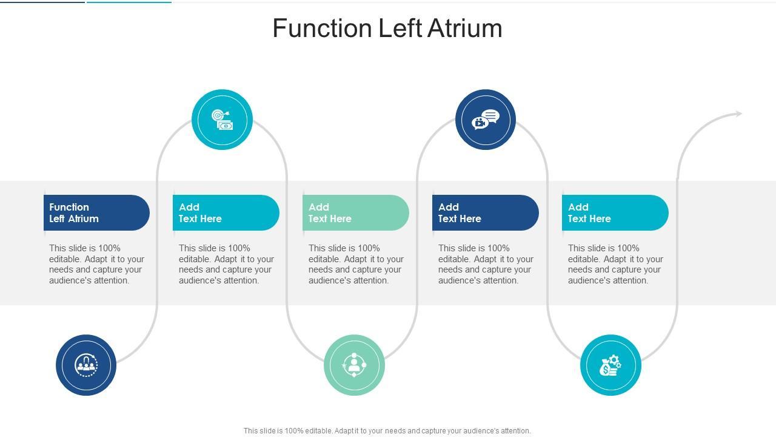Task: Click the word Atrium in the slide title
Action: (x=464, y=28)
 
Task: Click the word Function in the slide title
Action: (x=323, y=28)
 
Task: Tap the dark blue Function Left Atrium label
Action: (x=96, y=212)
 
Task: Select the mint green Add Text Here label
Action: (x=356, y=212)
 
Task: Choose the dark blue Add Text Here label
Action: (x=486, y=212)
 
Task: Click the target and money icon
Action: (x=222, y=120)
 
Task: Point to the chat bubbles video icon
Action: (x=486, y=120)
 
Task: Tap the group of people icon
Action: (x=86, y=365)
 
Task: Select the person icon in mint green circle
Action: (x=354, y=365)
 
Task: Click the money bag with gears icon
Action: (x=610, y=365)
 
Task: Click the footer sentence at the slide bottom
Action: (x=387, y=431)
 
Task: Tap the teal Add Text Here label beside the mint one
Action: (x=226, y=212)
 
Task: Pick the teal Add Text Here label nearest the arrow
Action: (x=615, y=212)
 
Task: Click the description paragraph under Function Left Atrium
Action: (x=96, y=264)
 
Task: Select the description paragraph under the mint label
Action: (x=356, y=264)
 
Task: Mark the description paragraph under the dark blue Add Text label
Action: (x=486, y=264)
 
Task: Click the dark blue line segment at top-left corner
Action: (x=42, y=2)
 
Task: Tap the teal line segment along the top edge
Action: (x=129, y=2)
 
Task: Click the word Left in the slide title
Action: (x=400, y=28)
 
